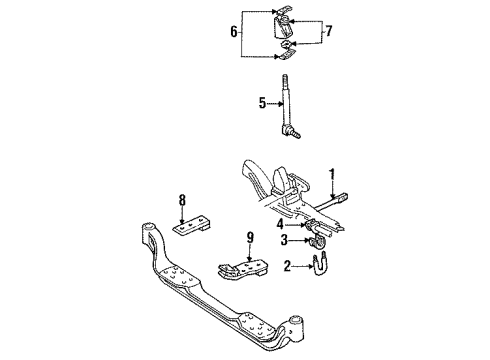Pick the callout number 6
pyautogui.click(x=235, y=33)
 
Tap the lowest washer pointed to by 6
pyautogui.click(x=285, y=57)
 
